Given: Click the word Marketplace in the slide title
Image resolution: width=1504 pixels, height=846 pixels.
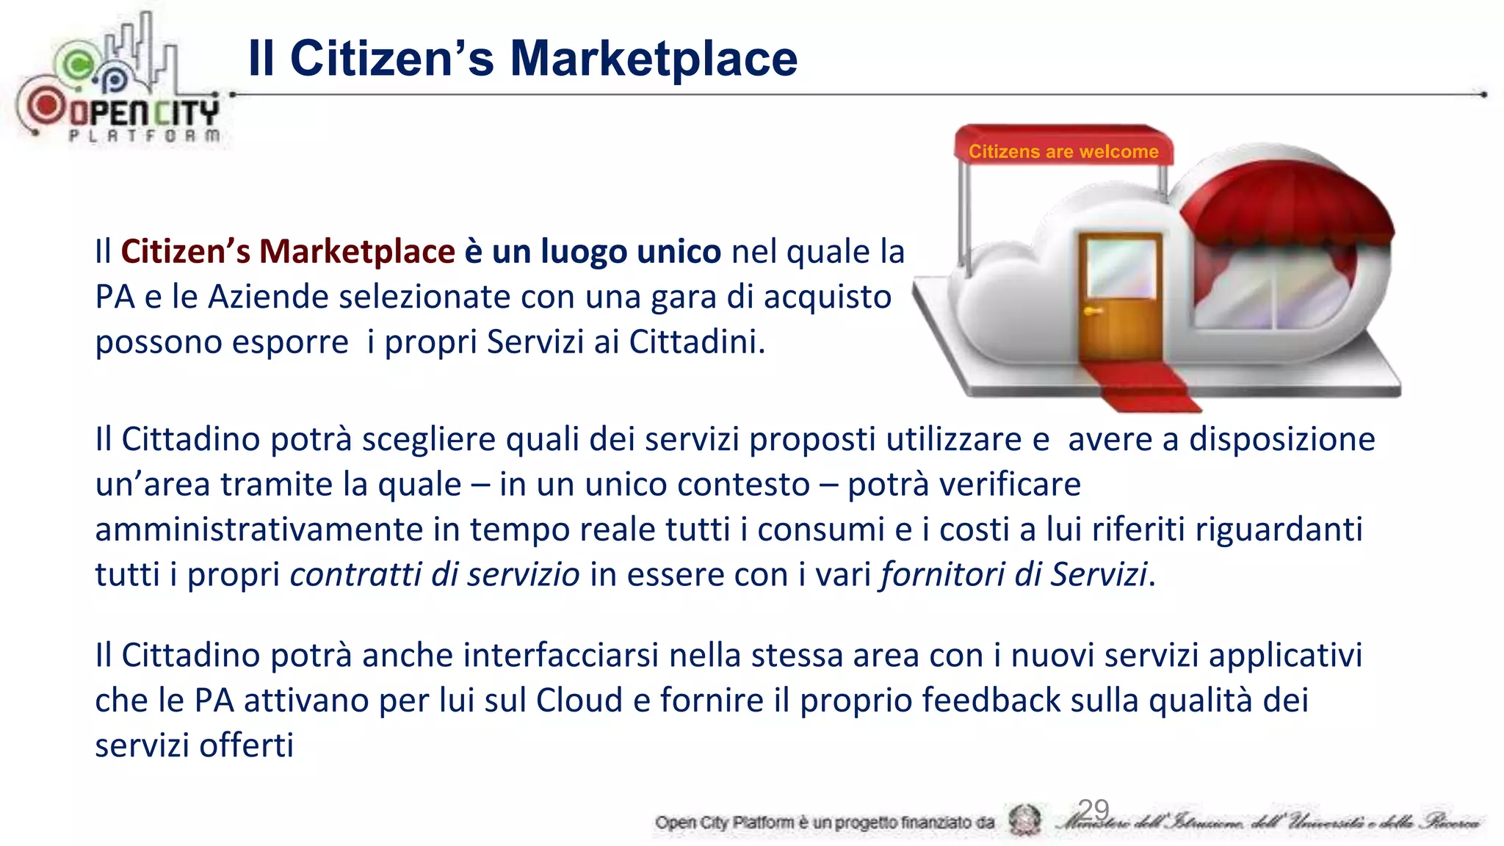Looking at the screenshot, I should pos(653,59).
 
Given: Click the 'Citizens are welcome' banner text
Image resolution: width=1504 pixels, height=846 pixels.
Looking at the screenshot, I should pos(1063,152).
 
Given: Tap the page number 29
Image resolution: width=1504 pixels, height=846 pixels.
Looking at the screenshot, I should pos(1093,810).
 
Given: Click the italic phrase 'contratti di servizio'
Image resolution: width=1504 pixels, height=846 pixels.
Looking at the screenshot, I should pos(435,574).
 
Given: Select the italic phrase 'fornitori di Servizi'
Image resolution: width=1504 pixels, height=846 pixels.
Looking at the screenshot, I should pos(1013,574).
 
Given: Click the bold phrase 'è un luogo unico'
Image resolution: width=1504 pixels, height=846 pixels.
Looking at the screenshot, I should pos(593,252).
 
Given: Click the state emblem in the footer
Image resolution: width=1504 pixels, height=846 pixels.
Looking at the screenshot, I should pos(1024,820).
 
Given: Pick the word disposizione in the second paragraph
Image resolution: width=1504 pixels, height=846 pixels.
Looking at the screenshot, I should pos(1281,440).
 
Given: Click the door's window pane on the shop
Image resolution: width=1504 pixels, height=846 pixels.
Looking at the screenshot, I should pos(1121,267).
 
